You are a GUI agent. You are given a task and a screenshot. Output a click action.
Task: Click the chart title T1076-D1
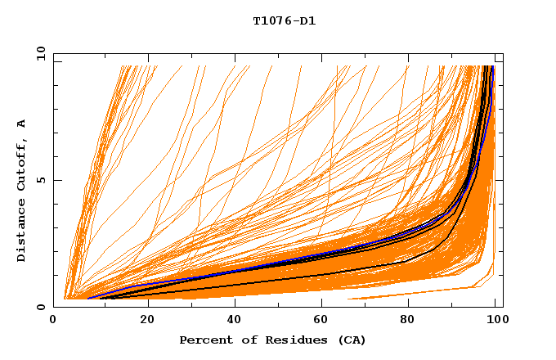click(284, 21)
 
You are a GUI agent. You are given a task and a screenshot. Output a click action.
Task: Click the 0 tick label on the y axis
click(41, 307)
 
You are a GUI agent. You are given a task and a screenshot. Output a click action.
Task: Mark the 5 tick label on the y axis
click(41, 181)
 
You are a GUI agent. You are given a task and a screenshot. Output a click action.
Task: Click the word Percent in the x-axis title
click(204, 340)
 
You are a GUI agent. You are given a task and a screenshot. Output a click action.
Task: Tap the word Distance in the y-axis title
click(22, 230)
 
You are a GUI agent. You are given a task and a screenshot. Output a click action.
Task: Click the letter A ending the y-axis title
click(22, 123)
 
